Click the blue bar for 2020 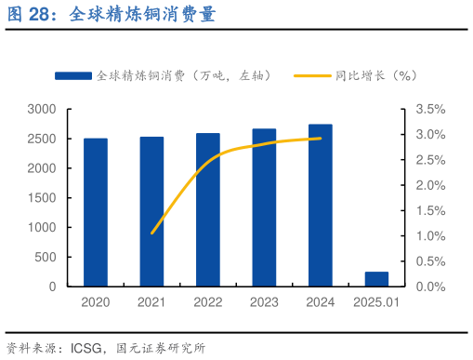(x=95, y=212)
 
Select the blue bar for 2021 (x=151, y=211)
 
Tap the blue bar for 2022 (x=208, y=209)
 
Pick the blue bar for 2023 (x=264, y=207)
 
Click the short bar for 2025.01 (x=376, y=279)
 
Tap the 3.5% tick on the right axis (x=431, y=109)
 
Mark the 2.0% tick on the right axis (x=431, y=185)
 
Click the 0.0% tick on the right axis (x=431, y=287)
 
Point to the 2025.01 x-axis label (x=376, y=302)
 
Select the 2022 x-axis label (x=208, y=302)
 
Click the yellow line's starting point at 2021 (x=152, y=233)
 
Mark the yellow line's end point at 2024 (x=321, y=138)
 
